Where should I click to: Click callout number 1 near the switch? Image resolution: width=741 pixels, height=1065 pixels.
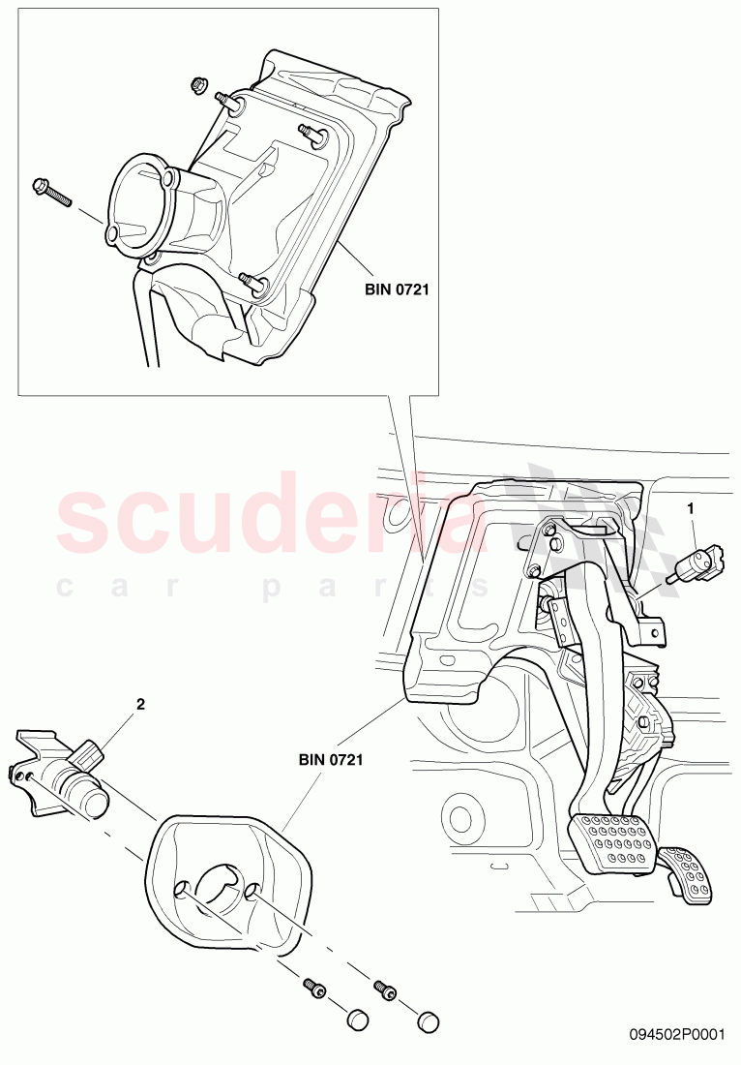691,507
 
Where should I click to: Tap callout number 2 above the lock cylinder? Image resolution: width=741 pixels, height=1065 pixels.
140,705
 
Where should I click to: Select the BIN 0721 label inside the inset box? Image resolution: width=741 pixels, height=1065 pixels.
397,288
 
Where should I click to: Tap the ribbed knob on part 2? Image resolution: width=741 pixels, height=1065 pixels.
88,752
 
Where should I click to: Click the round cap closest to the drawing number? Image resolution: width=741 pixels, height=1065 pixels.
428,1020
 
